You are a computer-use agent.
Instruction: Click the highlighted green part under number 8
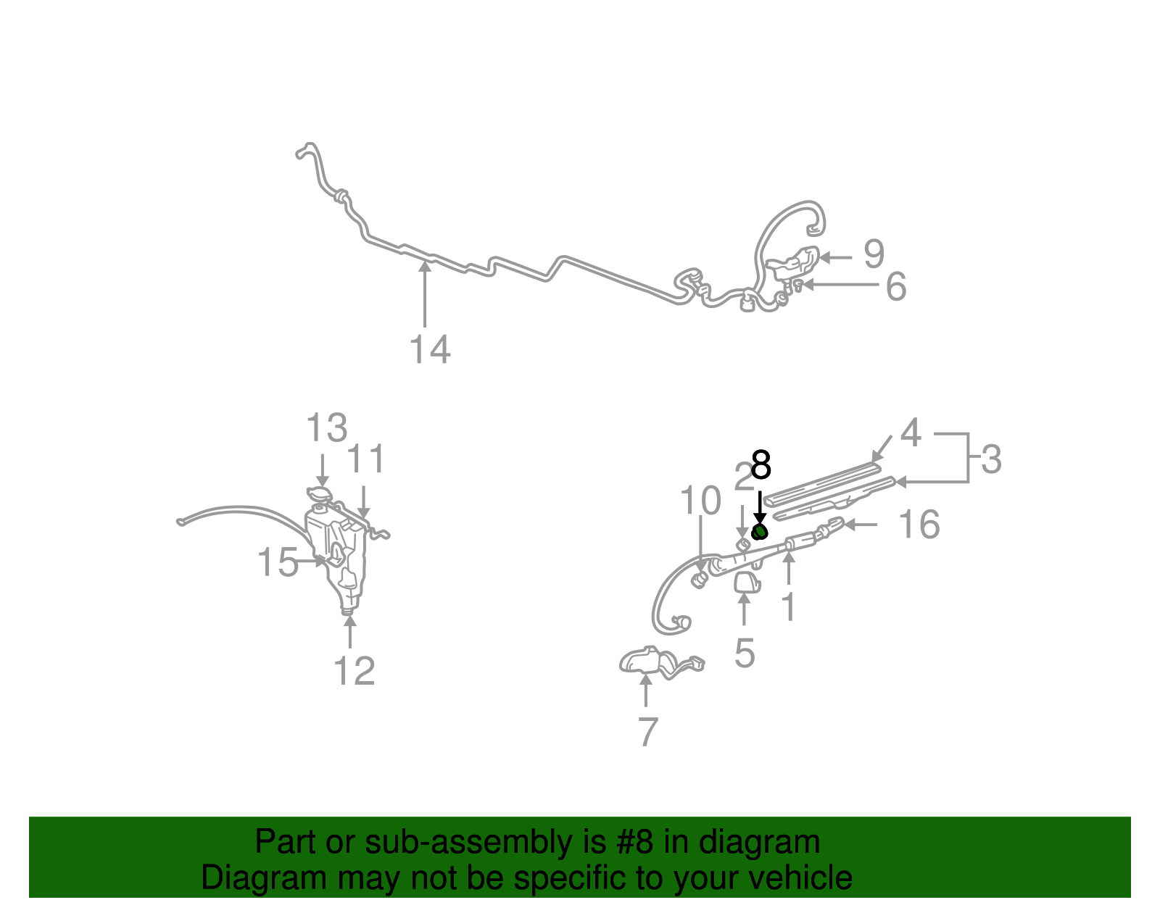pos(759,533)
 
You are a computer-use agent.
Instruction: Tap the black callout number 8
pos(761,465)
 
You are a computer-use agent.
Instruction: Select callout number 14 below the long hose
pos(430,350)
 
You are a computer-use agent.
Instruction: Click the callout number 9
pos(874,254)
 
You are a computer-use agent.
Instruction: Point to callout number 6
pos(896,286)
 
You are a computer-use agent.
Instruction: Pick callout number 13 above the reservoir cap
pos(326,428)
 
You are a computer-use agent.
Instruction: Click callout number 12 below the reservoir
pos(354,671)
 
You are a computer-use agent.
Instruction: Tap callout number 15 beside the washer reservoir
pos(277,562)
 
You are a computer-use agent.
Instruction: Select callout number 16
pos(919,524)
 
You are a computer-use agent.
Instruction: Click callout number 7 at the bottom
pos(648,732)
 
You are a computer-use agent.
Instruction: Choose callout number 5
pos(745,653)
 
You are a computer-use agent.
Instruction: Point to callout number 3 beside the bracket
pos(991,459)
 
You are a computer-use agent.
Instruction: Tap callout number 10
pos(700,500)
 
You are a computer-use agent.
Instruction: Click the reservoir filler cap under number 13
pos(319,494)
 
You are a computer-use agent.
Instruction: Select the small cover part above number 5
pos(747,583)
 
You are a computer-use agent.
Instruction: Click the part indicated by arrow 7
pos(662,663)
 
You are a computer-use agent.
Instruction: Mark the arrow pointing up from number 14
pos(425,294)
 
